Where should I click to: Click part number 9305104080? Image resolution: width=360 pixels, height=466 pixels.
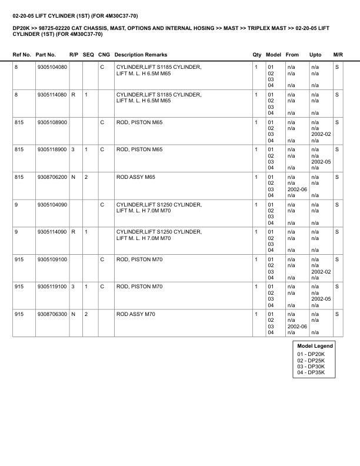(x=52, y=67)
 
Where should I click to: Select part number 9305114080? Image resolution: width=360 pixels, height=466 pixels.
(x=52, y=95)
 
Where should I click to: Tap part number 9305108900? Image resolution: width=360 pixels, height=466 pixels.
(x=52, y=122)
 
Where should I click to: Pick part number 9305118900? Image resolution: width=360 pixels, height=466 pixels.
(x=52, y=149)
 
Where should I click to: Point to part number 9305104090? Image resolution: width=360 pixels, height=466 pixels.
(x=52, y=205)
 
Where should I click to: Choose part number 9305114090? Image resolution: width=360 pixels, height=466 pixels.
(x=52, y=232)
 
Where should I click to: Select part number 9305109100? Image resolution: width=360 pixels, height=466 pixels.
(x=52, y=259)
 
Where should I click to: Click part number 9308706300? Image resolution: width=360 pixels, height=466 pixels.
(x=52, y=314)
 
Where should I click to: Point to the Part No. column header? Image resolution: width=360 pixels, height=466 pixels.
(x=46, y=55)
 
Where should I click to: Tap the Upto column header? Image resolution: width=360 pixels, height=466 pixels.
(x=315, y=55)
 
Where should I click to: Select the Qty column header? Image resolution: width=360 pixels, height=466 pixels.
(x=257, y=55)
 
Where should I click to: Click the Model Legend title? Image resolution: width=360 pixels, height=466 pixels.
(x=315, y=346)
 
